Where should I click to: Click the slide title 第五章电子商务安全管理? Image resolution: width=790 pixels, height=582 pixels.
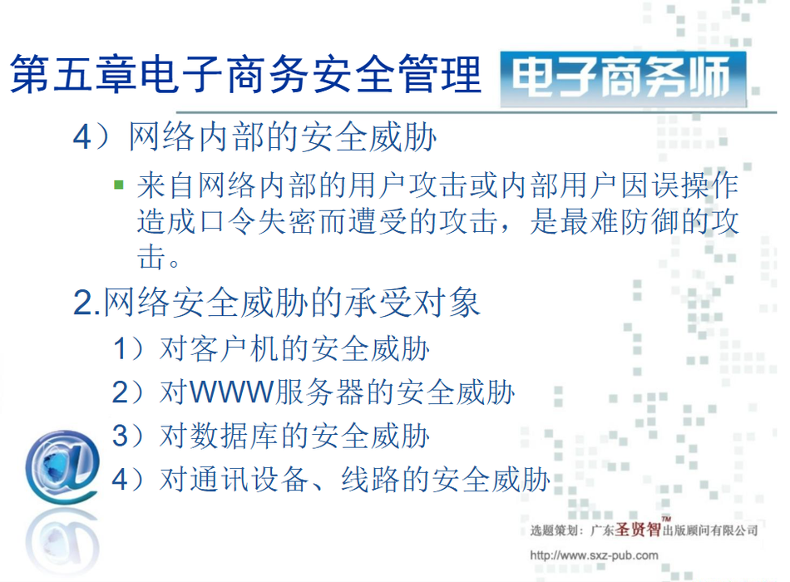point(245,74)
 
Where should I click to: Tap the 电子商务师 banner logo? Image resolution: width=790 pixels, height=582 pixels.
point(623,79)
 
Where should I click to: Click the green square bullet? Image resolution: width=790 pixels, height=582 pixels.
point(119,185)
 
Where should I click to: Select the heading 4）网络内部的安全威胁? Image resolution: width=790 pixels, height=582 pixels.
point(254,136)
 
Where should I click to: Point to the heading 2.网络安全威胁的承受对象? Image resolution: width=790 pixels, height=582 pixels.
point(277,303)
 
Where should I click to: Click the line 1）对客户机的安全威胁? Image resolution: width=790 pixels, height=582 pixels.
point(271,348)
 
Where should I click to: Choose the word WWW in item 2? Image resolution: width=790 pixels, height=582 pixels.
point(232,392)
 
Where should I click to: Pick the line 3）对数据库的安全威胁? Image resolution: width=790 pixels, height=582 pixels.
point(271,436)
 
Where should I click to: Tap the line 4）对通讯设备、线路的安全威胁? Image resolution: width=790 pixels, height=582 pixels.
point(330,479)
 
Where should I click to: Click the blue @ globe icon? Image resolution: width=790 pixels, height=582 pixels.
point(62,466)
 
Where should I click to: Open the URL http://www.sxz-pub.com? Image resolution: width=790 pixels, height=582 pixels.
point(594,555)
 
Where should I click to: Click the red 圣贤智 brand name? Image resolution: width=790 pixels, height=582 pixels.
point(638,529)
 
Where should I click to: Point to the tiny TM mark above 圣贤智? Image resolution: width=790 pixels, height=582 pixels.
point(667,519)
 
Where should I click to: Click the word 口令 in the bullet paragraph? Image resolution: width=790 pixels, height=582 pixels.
point(227,221)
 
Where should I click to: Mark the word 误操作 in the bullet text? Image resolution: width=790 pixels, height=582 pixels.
point(695,185)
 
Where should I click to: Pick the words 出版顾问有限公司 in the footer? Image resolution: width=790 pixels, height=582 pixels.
point(710,530)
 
